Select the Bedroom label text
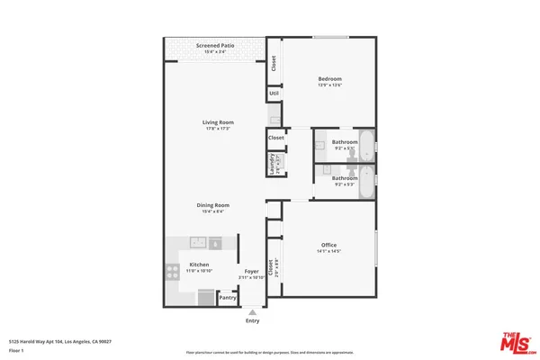pyautogui.click(x=329, y=79)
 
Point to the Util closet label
pyautogui.click(x=274, y=93)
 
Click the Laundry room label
pyautogui.click(x=270, y=164)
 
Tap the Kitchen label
pyautogui.click(x=198, y=265)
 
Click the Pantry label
pyautogui.click(x=228, y=298)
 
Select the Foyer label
pyautogui.click(x=252, y=270)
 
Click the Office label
pyautogui.click(x=328, y=246)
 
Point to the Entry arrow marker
pyautogui.click(x=252, y=311)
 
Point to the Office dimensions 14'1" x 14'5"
pyautogui.click(x=328, y=253)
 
